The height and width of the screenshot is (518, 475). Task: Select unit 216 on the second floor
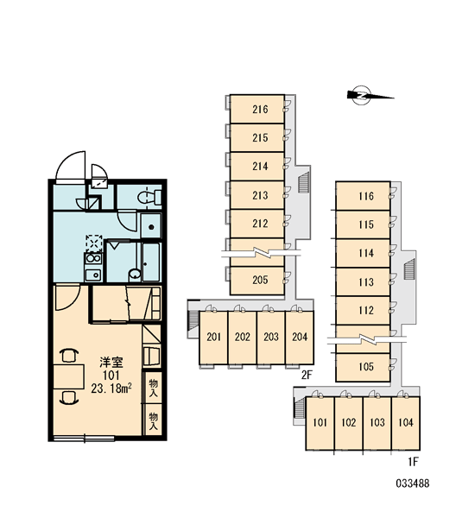click(257, 109)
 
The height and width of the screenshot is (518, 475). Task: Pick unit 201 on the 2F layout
click(213, 338)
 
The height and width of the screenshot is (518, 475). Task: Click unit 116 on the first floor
click(363, 196)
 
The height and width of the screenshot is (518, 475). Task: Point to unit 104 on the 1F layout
click(406, 423)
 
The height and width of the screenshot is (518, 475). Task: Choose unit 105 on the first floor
click(363, 367)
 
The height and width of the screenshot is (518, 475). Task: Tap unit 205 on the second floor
click(257, 281)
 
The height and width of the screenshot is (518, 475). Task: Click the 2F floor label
click(307, 375)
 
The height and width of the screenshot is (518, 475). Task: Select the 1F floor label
click(413, 461)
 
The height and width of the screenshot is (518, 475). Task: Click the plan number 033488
click(413, 483)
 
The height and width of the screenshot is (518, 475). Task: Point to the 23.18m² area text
click(111, 388)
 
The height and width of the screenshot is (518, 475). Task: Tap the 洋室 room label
click(111, 363)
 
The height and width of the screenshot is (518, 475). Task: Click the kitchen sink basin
click(93, 275)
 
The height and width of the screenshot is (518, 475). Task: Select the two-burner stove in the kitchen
click(93, 258)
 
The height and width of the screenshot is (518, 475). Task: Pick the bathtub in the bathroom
click(151, 262)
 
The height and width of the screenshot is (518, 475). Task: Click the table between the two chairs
click(69, 376)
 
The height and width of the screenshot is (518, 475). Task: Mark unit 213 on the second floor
click(257, 195)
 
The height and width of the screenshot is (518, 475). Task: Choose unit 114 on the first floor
click(363, 253)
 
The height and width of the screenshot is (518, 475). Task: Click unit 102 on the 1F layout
click(349, 423)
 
